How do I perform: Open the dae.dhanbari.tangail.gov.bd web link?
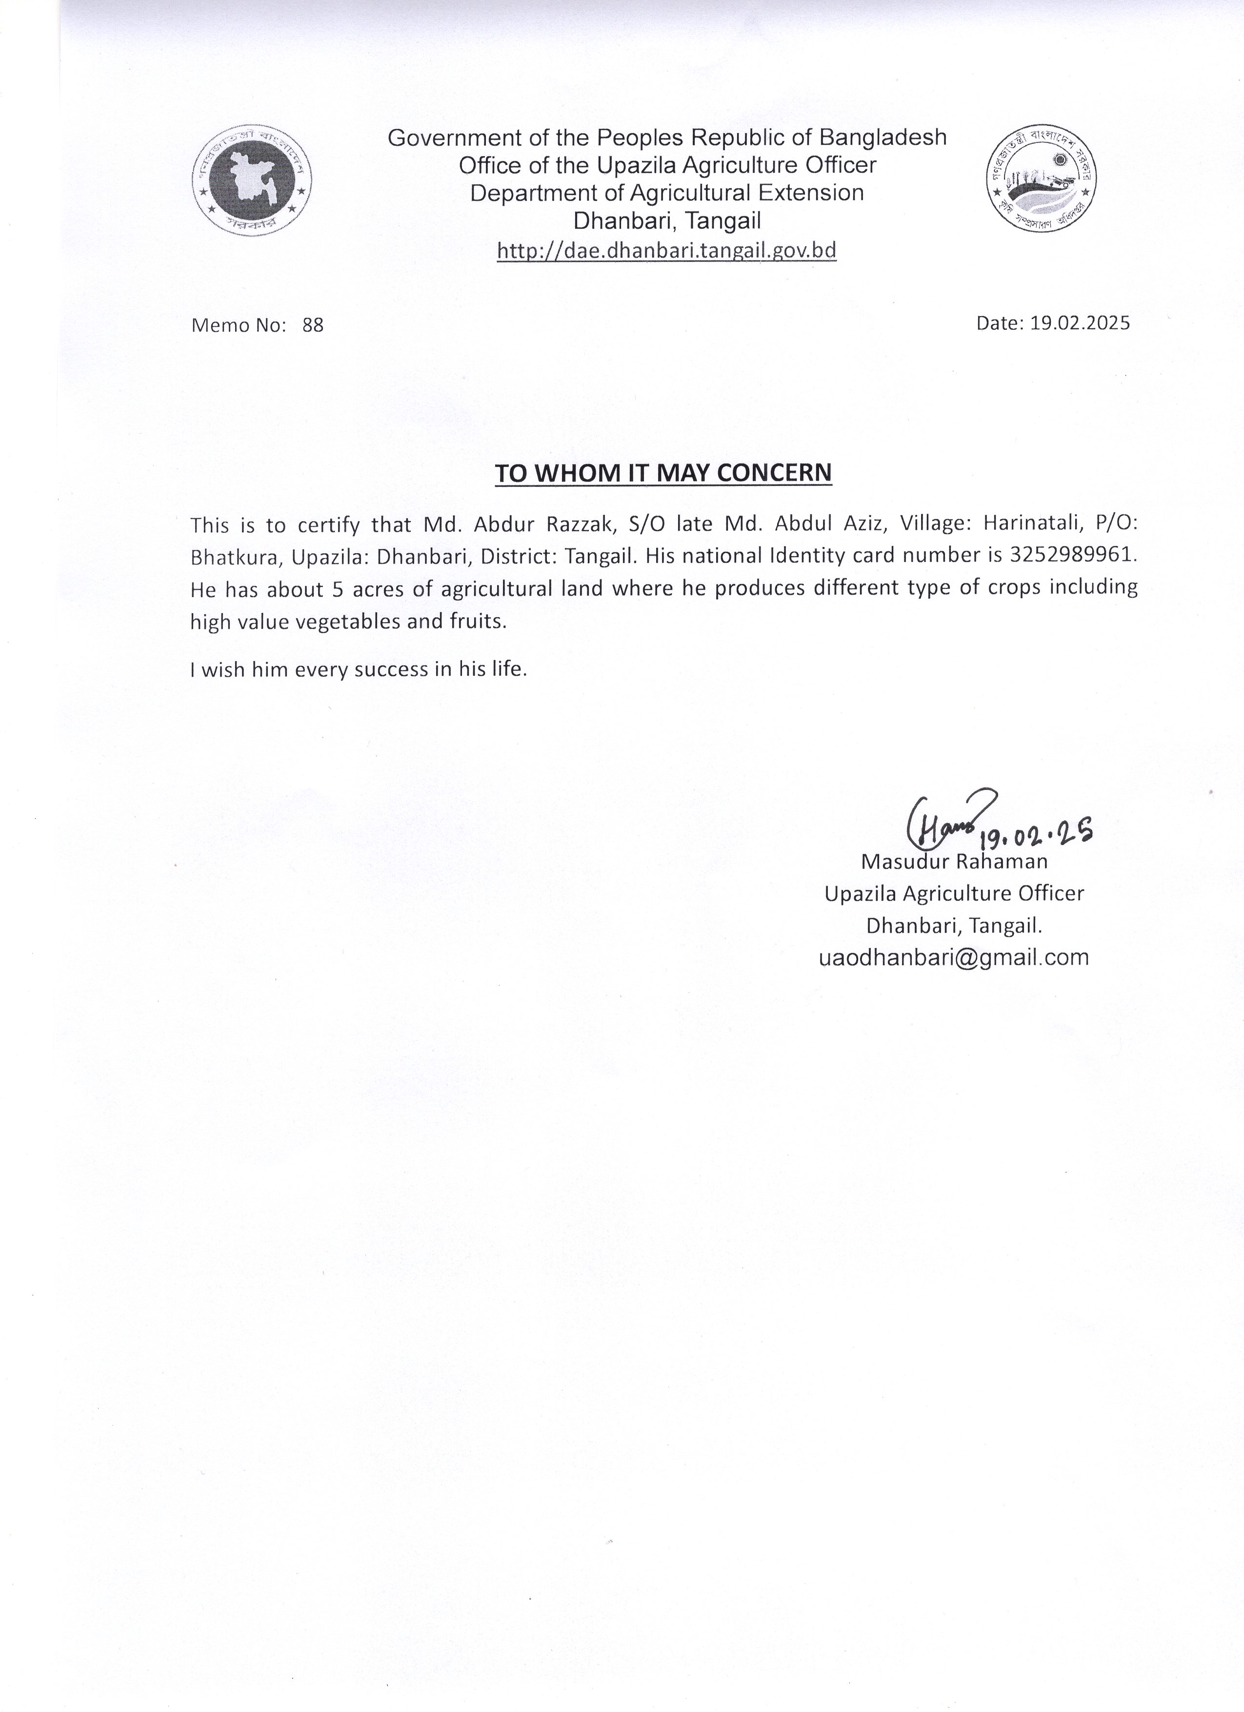click(666, 251)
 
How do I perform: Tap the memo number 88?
click(313, 325)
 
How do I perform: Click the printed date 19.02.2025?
click(1080, 323)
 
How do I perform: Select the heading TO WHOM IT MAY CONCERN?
click(663, 473)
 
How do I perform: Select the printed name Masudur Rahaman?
click(954, 861)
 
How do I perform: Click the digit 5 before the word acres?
click(338, 589)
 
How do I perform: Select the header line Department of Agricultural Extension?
click(666, 193)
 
